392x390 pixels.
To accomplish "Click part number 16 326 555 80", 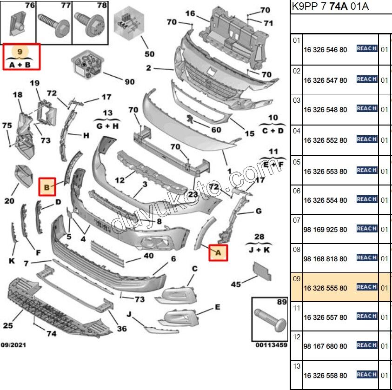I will [x=325, y=288].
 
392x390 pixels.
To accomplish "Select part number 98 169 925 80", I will [x=325, y=230].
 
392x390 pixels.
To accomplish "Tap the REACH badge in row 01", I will [x=366, y=48].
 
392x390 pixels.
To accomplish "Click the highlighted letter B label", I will [x=47, y=187].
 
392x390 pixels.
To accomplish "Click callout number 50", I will [x=149, y=54].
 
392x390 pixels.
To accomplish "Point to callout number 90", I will [x=129, y=82].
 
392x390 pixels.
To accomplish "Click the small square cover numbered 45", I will [x=261, y=271].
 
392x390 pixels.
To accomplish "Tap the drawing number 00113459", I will [x=272, y=345].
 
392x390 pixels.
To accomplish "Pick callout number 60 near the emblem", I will [x=216, y=130].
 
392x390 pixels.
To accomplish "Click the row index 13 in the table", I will [x=297, y=366].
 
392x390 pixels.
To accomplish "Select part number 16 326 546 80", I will [x=325, y=50].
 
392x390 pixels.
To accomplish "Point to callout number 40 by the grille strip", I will [x=148, y=256].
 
